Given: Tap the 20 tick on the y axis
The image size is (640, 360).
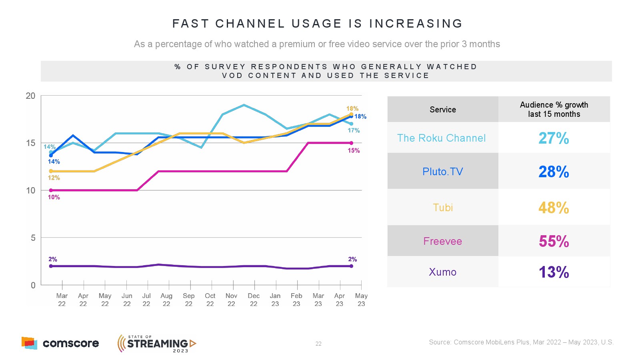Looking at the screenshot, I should pyautogui.click(x=30, y=96).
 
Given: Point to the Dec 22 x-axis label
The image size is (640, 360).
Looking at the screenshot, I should pyautogui.click(x=254, y=300).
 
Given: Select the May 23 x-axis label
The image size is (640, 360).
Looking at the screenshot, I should pyautogui.click(x=361, y=300).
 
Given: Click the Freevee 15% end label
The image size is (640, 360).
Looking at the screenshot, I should pyautogui.click(x=354, y=151).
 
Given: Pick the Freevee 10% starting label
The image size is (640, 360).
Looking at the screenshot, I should pyautogui.click(x=54, y=197).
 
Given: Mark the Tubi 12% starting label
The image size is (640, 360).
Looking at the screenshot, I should pyautogui.click(x=54, y=178).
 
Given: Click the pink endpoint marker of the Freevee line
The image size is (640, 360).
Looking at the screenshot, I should pyautogui.click(x=351, y=143).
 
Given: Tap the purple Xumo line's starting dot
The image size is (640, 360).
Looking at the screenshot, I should pyautogui.click(x=51, y=266).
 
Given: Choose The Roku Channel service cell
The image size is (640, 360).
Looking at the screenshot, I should pyautogui.click(x=441, y=138).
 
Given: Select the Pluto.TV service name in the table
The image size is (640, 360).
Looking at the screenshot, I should pyautogui.click(x=442, y=172).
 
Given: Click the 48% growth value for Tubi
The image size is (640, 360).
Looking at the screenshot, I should pyautogui.click(x=554, y=208).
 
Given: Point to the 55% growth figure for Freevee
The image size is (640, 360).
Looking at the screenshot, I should pyautogui.click(x=554, y=241).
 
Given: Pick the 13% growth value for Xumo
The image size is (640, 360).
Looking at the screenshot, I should pyautogui.click(x=554, y=272).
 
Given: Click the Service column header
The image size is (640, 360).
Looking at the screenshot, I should pyautogui.click(x=443, y=110).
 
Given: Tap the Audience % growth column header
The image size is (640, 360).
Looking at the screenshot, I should pyautogui.click(x=554, y=109).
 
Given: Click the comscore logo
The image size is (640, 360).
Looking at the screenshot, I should pyautogui.click(x=60, y=343).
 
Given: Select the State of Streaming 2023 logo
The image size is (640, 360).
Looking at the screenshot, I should pyautogui.click(x=157, y=343).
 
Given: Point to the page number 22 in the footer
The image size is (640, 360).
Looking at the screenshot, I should pyautogui.click(x=318, y=344).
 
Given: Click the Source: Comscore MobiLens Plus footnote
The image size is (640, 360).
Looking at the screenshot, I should pyautogui.click(x=521, y=342).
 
